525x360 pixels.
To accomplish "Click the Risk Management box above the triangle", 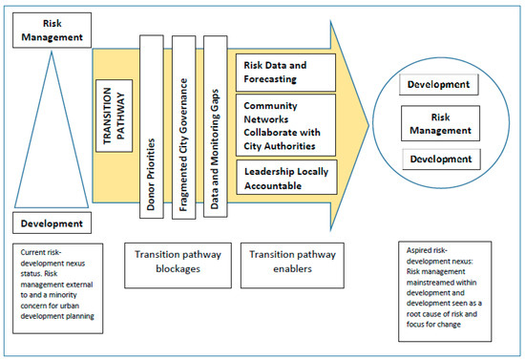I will pos(52,29).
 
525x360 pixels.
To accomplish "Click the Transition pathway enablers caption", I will pos(289,262).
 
